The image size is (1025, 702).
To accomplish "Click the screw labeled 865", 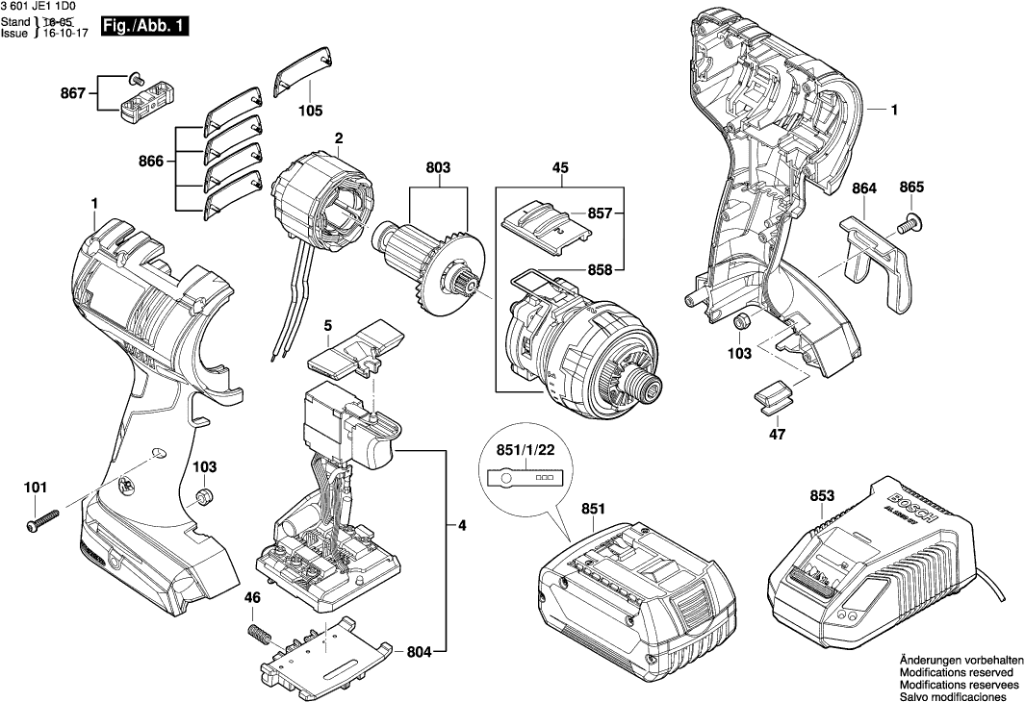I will pyautogui.click(x=910, y=224).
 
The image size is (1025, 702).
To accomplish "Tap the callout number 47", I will pyautogui.click(x=777, y=435).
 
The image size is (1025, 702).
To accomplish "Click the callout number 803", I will pyautogui.click(x=438, y=168).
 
